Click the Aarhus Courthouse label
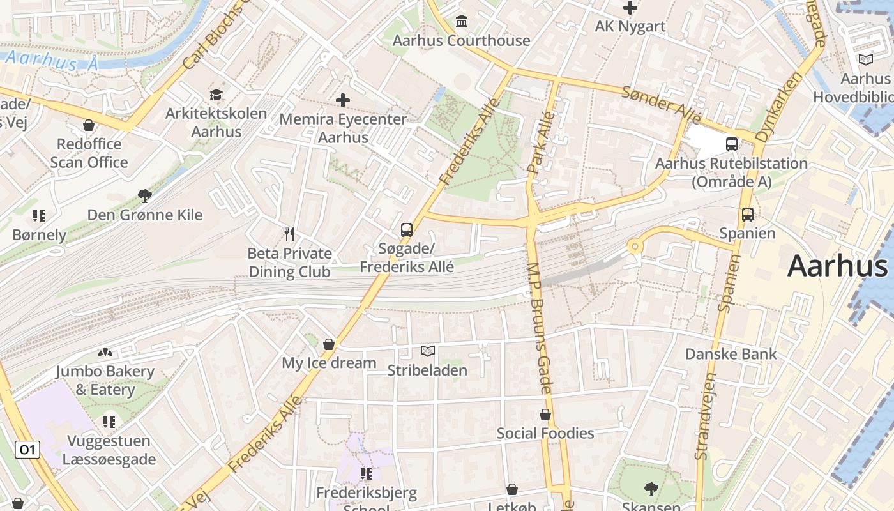pyautogui.click(x=461, y=41)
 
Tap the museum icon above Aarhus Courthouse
pyautogui.click(x=462, y=22)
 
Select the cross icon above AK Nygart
pyautogui.click(x=630, y=8)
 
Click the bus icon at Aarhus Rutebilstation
pyautogui.click(x=732, y=144)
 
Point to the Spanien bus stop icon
pyautogui.click(x=747, y=215)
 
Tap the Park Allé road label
pyautogui.click(x=540, y=142)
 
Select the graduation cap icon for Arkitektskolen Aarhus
pyautogui.click(x=216, y=95)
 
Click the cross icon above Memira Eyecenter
pyautogui.click(x=343, y=100)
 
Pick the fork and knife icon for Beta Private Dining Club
pyautogui.click(x=289, y=234)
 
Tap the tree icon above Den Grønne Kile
pyautogui.click(x=145, y=196)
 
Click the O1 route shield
pyautogui.click(x=27, y=450)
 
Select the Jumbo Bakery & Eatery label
pyautogui.click(x=105, y=380)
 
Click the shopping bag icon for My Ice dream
pyautogui.click(x=329, y=345)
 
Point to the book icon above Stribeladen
pyautogui.click(x=427, y=351)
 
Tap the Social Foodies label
pyautogui.click(x=545, y=433)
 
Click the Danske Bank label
pyautogui.click(x=731, y=354)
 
